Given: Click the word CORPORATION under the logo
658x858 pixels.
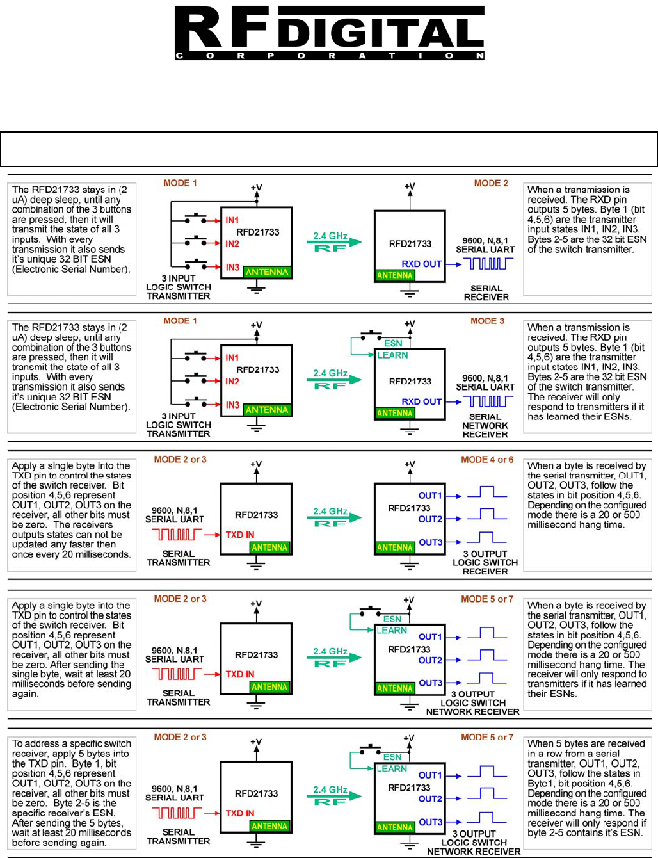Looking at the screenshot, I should (x=329, y=56).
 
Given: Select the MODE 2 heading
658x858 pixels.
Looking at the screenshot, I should (x=491, y=183).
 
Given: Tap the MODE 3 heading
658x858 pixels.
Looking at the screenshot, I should (x=487, y=321).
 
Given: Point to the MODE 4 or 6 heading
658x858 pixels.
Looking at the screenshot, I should (x=487, y=460).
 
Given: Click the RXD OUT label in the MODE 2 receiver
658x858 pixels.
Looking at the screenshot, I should (x=421, y=264).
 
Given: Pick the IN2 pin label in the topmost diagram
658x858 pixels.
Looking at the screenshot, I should (x=232, y=244).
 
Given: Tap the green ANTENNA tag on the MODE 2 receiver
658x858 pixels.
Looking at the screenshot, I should (x=395, y=275).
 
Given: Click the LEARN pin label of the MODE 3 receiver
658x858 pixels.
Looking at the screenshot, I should (x=392, y=355).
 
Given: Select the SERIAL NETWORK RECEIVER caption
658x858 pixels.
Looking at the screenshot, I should (x=485, y=425).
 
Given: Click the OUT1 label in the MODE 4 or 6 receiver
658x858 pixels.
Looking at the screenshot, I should (x=430, y=496).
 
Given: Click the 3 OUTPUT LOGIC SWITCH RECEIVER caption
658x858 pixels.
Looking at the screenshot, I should (x=485, y=562).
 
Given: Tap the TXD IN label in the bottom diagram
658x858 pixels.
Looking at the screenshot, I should (x=240, y=813).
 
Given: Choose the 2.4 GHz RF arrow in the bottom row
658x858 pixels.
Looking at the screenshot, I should (x=330, y=795).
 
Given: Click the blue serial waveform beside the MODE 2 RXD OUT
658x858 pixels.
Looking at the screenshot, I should (x=488, y=263).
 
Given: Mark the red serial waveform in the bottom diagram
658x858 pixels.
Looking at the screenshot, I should (x=177, y=813).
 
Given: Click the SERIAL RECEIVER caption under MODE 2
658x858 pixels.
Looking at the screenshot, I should (x=486, y=293).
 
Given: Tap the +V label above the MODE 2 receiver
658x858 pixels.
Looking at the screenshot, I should (x=410, y=186).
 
